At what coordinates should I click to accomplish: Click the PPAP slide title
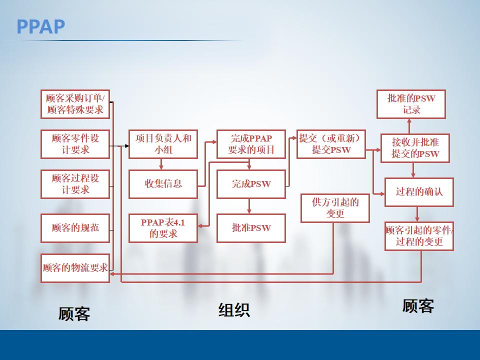(41, 26)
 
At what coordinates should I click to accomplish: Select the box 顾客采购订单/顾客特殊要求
(75, 104)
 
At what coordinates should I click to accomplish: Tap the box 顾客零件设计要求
(75, 144)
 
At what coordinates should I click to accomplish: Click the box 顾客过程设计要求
(75, 184)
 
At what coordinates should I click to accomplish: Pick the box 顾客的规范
(75, 228)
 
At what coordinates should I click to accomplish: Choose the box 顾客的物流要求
(75, 268)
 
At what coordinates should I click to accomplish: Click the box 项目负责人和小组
(163, 144)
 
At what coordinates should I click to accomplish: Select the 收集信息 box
(163, 184)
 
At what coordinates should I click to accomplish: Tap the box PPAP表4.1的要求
(163, 228)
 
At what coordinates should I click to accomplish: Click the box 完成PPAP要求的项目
(251, 144)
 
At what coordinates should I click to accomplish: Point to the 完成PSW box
(251, 184)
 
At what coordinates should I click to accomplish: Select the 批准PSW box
(251, 228)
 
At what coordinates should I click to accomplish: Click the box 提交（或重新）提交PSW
(331, 144)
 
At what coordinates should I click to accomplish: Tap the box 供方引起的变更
(335, 208)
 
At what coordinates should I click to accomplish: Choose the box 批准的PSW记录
(411, 104)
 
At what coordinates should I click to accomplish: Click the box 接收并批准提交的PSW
(415, 148)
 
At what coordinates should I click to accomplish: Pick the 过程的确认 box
(419, 192)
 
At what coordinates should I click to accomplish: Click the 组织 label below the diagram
(234, 310)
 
